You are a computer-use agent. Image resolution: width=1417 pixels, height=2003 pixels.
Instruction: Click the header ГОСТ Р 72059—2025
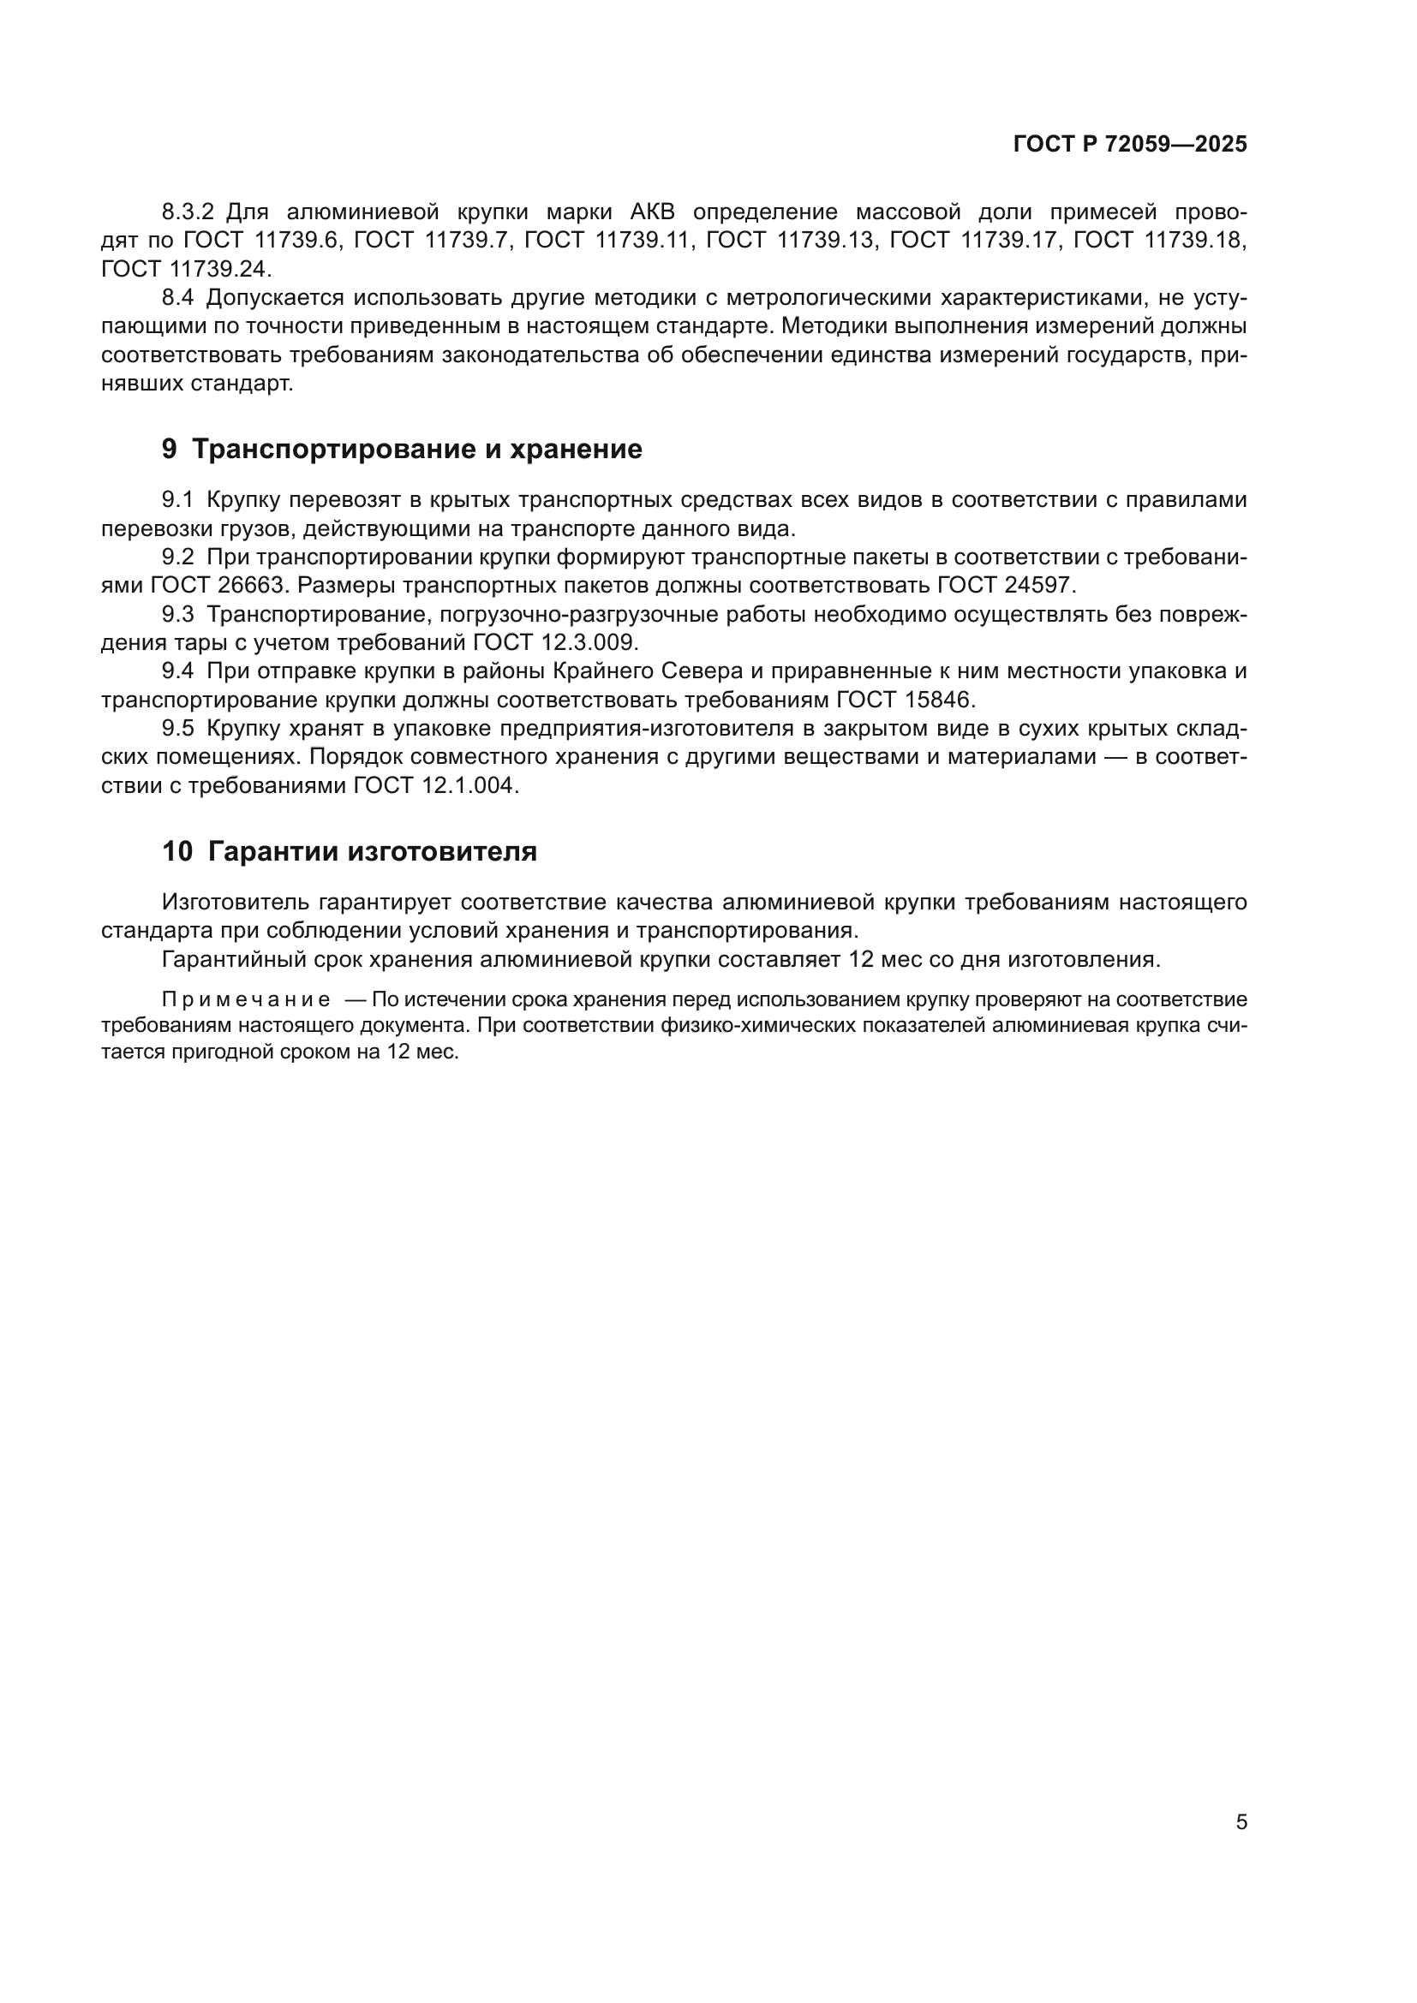(1130, 144)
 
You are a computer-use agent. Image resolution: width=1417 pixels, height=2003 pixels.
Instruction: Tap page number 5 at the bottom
(1241, 1821)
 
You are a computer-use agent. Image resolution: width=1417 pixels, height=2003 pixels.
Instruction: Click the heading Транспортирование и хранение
(416, 449)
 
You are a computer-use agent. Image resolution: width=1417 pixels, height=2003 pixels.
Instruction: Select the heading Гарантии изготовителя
(373, 850)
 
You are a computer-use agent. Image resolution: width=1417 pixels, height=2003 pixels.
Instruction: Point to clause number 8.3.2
(188, 212)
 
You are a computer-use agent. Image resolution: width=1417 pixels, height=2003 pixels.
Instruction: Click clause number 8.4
(178, 298)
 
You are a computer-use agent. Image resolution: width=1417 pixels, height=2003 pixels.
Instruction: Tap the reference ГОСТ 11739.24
(186, 269)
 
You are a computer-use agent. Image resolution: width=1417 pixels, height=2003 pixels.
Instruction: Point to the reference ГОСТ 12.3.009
(556, 643)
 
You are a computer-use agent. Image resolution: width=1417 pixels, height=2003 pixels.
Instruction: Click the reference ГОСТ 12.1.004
(435, 786)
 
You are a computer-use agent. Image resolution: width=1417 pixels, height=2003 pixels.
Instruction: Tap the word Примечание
(246, 999)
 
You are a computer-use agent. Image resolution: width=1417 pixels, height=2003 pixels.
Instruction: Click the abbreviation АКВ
(652, 212)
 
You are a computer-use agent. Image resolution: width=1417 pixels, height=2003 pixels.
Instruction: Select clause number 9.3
(178, 615)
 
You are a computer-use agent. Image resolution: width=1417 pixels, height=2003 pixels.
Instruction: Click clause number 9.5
(178, 730)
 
